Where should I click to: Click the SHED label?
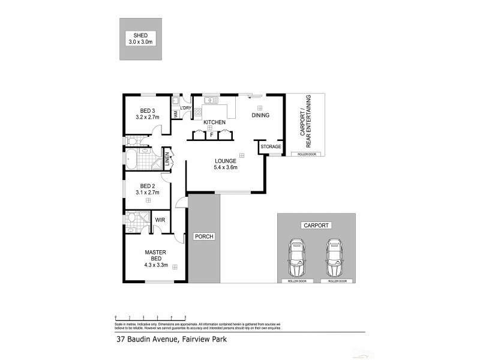140,35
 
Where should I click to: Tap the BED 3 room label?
148,110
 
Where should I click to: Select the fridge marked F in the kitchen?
211,136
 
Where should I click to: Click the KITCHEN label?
214,122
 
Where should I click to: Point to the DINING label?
260,115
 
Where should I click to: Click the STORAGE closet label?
271,146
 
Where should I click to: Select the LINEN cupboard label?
166,159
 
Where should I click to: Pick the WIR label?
160,220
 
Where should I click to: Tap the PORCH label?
204,236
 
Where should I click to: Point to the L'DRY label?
186,108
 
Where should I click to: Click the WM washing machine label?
175,112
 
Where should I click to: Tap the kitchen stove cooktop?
197,112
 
